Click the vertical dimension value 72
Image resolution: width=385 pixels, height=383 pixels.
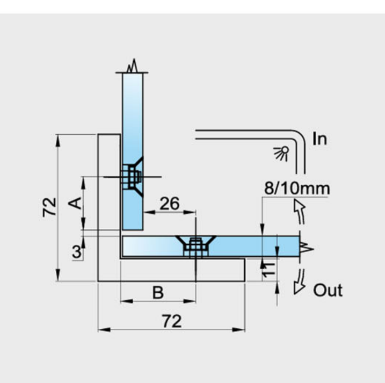(x=49, y=207)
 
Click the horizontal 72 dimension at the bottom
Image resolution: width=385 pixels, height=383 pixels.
(x=172, y=321)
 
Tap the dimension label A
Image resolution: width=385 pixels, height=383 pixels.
(x=75, y=203)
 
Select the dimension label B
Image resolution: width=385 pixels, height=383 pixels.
(x=158, y=292)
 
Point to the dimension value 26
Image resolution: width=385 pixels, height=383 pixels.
(x=170, y=204)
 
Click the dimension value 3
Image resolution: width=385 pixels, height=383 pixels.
(x=77, y=251)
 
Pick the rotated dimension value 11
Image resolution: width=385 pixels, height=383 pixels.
(x=268, y=269)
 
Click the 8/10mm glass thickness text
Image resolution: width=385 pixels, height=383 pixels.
(x=297, y=189)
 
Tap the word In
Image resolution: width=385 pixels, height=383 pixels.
(x=319, y=139)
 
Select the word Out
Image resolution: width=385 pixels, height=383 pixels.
(x=328, y=290)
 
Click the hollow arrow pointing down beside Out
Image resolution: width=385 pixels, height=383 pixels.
(x=300, y=281)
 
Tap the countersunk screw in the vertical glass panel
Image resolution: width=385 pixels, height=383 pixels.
(x=133, y=177)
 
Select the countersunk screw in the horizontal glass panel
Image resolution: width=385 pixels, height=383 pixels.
(x=195, y=247)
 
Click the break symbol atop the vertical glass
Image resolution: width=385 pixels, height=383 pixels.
(x=133, y=66)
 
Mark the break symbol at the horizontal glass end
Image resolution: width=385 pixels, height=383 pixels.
(x=307, y=248)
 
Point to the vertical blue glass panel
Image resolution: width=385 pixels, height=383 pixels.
(x=133, y=151)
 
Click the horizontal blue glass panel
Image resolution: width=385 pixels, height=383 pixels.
(x=210, y=247)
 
